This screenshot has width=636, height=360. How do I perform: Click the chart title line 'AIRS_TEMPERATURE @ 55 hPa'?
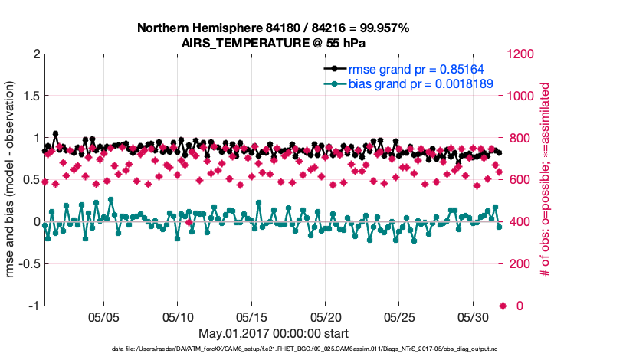pos(273,43)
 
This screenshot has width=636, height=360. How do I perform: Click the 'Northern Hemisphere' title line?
pos(273,28)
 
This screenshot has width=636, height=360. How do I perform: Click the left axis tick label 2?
pos(36,54)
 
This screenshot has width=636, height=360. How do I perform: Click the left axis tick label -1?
pos(34,306)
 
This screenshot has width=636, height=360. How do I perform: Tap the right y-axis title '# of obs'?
pos(545,180)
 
